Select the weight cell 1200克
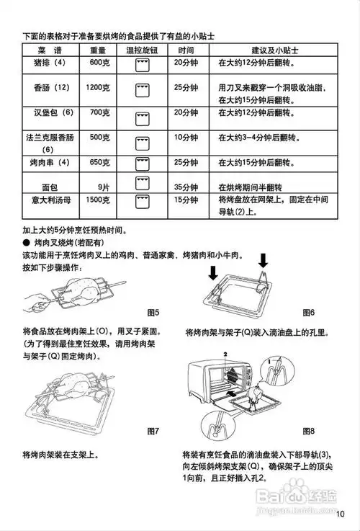pos(98,87)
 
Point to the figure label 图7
pos(153,430)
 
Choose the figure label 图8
pos(309,430)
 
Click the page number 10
pos(341,514)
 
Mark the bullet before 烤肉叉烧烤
pos(26,244)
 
